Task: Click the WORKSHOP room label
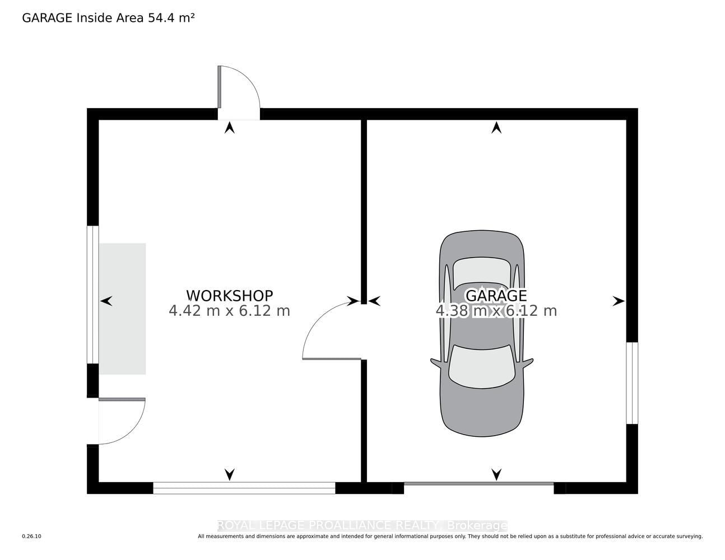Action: click(x=230, y=296)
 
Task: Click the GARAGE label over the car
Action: click(x=496, y=296)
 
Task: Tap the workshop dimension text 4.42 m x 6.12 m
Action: click(x=230, y=311)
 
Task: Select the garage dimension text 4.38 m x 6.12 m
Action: click(x=496, y=311)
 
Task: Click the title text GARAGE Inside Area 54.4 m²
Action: click(x=109, y=18)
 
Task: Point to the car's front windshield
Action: click(x=482, y=366)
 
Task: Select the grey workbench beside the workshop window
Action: click(x=123, y=309)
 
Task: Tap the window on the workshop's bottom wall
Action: click(x=244, y=488)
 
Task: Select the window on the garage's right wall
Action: click(x=632, y=383)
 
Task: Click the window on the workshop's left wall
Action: click(x=93, y=295)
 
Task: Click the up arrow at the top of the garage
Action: click(x=496, y=128)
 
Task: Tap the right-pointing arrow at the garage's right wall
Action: click(x=619, y=301)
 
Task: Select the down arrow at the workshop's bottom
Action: click(x=230, y=474)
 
